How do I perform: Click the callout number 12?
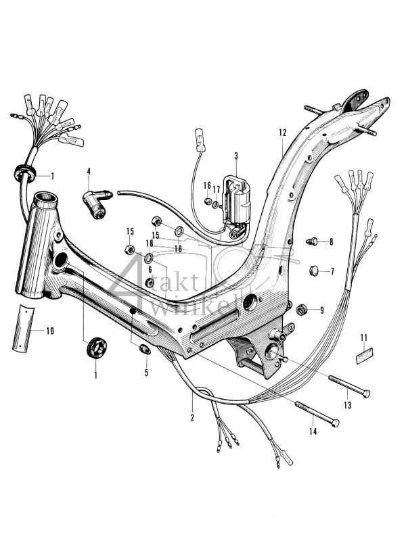pyautogui.click(x=282, y=133)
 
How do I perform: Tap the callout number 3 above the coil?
pyautogui.click(x=236, y=156)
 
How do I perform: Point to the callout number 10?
pyautogui.click(x=49, y=331)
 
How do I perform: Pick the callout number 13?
pyautogui.click(x=347, y=406)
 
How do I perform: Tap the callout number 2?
pyautogui.click(x=192, y=417)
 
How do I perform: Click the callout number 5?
pyautogui.click(x=145, y=372)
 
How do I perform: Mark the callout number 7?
pyautogui.click(x=332, y=271)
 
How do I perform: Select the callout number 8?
pyautogui.click(x=331, y=241)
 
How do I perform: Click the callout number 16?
pyautogui.click(x=208, y=185)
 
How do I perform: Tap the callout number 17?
pyautogui.click(x=217, y=190)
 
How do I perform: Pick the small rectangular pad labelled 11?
pyautogui.click(x=363, y=353)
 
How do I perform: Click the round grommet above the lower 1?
pyautogui.click(x=95, y=351)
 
